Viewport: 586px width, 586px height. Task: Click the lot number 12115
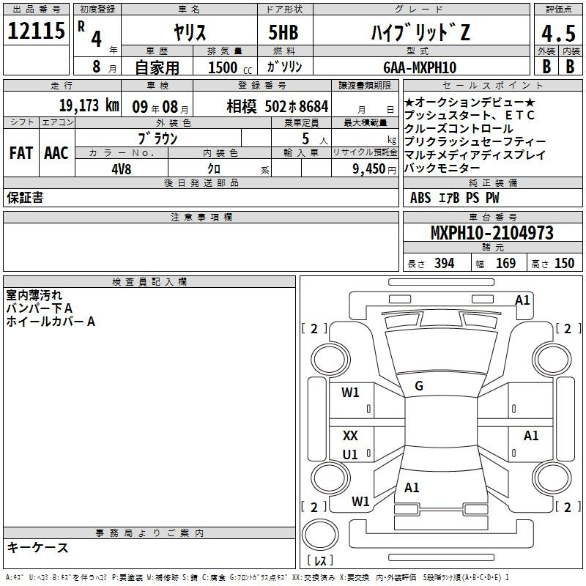pyautogui.click(x=36, y=31)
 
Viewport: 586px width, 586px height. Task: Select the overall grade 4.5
pyautogui.click(x=558, y=34)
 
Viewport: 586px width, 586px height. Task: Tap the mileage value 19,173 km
pyautogui.click(x=89, y=105)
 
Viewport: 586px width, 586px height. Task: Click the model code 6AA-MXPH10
pyautogui.click(x=420, y=67)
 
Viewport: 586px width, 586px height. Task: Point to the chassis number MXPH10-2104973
pyautogui.click(x=492, y=233)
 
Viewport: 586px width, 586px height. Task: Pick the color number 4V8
pyautogui.click(x=122, y=169)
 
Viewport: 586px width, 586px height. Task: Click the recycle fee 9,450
pyautogui.click(x=369, y=169)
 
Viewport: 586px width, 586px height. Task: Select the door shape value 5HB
pyautogui.click(x=283, y=32)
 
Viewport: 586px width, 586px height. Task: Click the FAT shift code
pyautogui.click(x=21, y=153)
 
